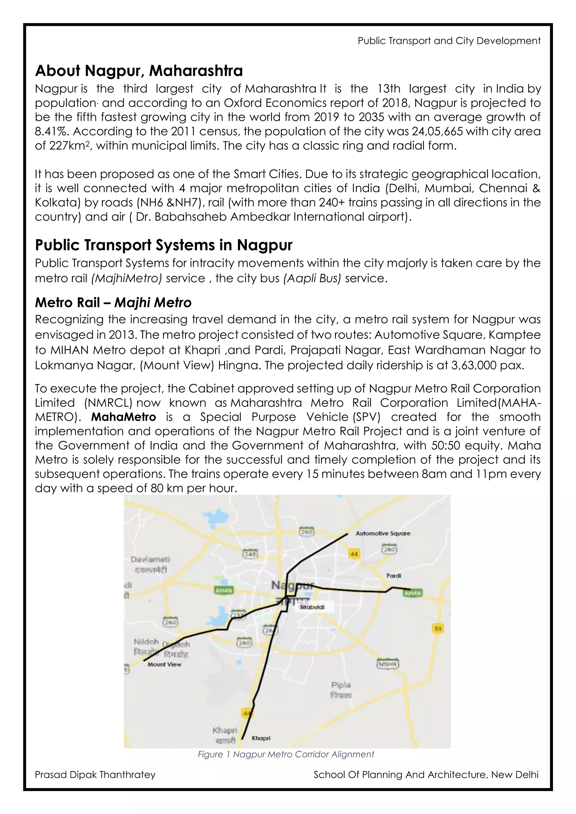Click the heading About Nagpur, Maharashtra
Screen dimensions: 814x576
coord(139,71)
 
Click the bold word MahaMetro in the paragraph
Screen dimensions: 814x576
coord(123,417)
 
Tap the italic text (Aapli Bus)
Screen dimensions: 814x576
coord(312,278)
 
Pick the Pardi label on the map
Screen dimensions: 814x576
coord(394,576)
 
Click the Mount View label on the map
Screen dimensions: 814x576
coord(164,664)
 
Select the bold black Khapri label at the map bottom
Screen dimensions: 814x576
coord(261,738)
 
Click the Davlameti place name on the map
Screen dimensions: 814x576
coord(150,559)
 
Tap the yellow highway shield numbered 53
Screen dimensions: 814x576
coord(438,628)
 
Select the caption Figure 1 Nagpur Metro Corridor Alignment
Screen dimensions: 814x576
coord(286,754)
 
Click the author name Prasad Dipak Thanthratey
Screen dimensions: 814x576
coord(95,775)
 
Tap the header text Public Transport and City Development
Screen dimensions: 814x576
coord(449,41)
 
